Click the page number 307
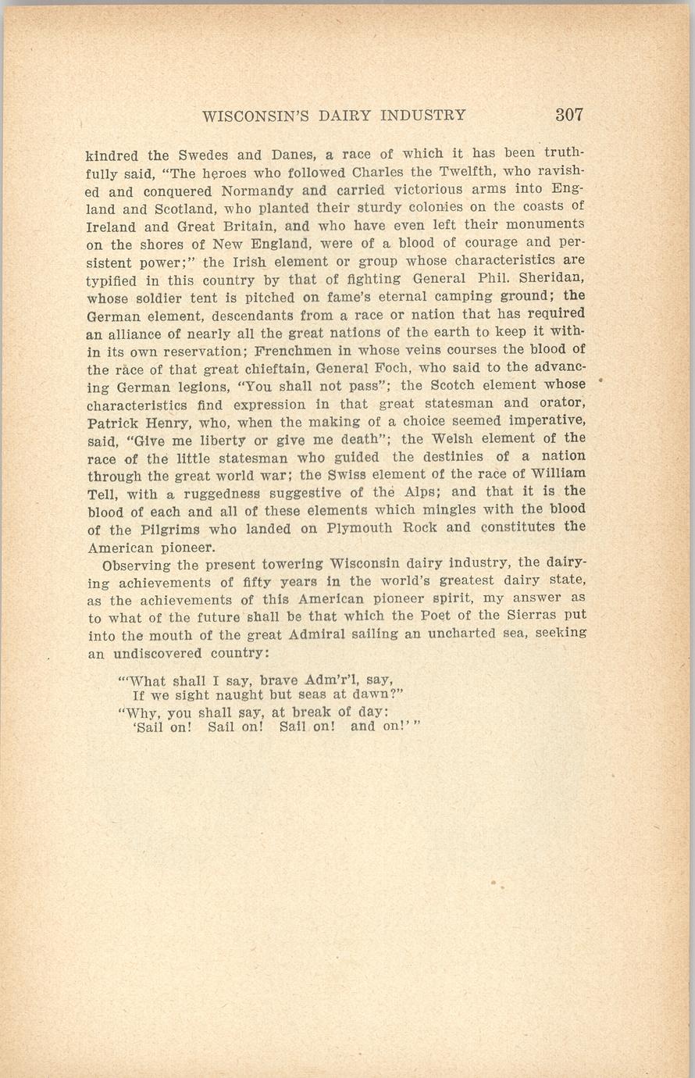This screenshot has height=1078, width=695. (569, 114)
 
